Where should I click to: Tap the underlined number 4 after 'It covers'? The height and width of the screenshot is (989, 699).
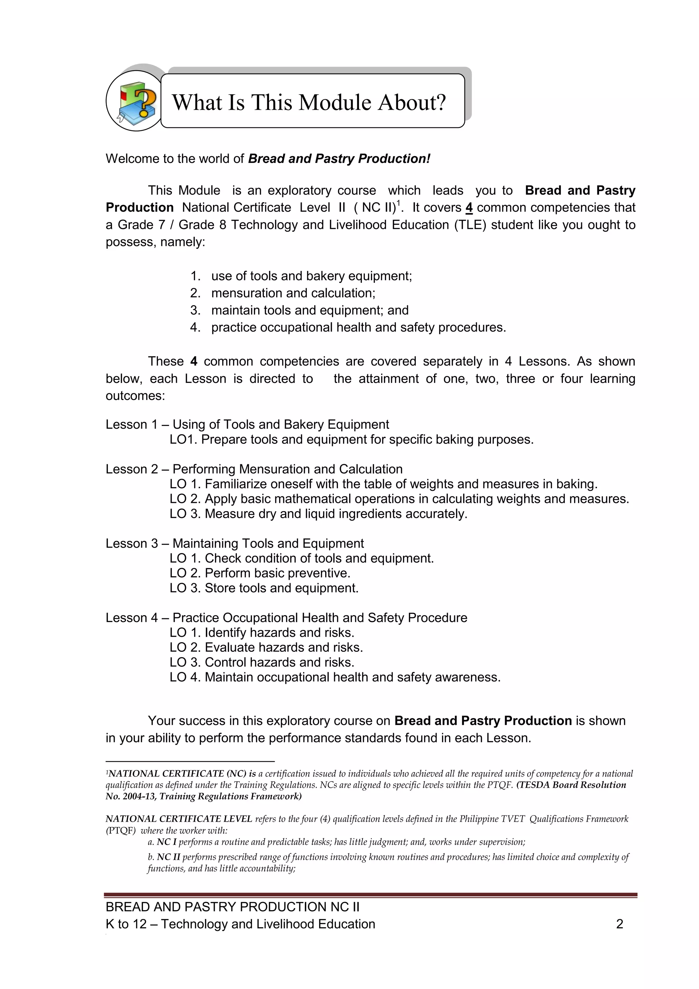pos(469,208)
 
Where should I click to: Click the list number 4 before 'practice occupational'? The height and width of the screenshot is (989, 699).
pos(195,327)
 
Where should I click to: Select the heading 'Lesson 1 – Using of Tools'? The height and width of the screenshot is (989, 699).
pos(247,425)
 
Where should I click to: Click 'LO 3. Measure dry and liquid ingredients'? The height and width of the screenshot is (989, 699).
pos(318,514)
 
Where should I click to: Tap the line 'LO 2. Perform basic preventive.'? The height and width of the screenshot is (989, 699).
pos(260,573)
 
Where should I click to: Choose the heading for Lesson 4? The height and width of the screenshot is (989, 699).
pos(286,618)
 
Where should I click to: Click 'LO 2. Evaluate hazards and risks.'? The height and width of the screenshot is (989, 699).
pos(266,647)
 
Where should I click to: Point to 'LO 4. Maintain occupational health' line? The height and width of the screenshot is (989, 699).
pos(335,677)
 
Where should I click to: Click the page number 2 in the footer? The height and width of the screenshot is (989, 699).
pos(619,924)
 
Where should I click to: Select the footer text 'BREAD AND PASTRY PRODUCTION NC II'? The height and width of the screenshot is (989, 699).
pos(232,907)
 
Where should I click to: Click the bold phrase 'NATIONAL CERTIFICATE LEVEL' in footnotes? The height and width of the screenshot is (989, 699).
pos(179,819)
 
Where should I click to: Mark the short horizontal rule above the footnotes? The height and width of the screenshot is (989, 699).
pos(190,761)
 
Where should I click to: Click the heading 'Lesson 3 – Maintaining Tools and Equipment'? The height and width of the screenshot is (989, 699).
pos(234,544)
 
